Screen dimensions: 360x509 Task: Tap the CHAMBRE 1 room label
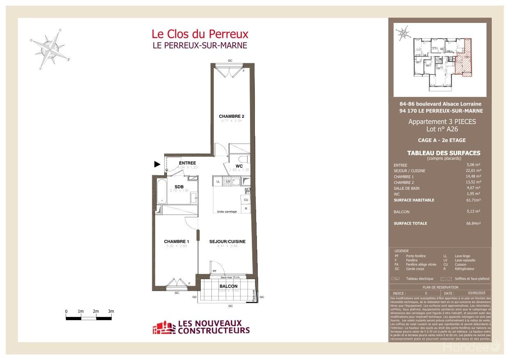177,241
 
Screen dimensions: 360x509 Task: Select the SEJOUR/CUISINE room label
227,241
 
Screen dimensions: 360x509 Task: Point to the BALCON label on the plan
228,286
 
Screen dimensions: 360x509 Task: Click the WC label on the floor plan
239,166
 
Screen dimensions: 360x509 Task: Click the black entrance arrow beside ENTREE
157,164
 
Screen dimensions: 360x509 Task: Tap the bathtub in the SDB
161,192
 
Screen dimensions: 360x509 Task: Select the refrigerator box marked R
246,209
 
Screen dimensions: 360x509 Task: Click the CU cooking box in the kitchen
246,200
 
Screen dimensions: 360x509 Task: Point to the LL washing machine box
218,181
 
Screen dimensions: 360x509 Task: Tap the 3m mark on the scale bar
111,312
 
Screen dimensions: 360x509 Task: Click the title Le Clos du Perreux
200,34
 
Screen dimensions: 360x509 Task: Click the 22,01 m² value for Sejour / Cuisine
472,171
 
